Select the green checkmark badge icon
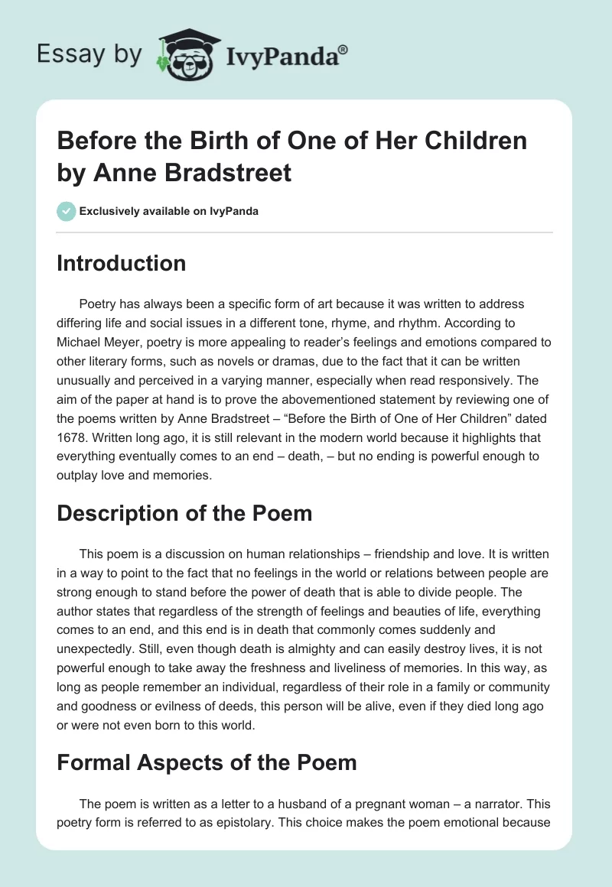click(66, 211)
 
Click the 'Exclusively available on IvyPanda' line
click(168, 211)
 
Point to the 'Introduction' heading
click(122, 263)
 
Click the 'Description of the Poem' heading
click(184, 512)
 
